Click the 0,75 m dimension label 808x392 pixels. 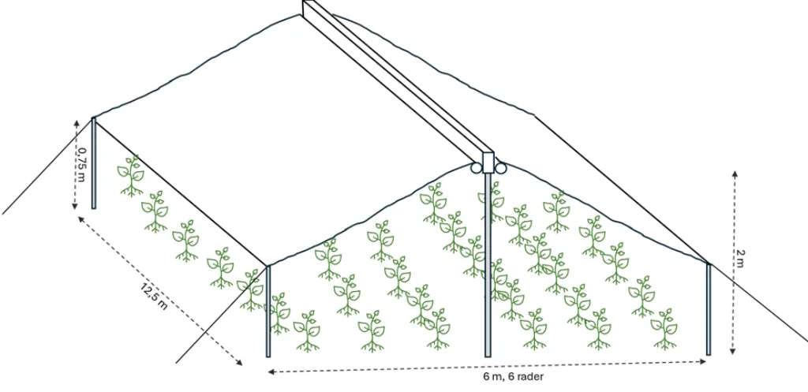[82, 165]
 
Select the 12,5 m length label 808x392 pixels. [154, 296]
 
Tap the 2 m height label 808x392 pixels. [740, 255]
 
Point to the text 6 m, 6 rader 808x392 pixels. [513, 376]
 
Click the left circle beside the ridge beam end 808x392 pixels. [476, 167]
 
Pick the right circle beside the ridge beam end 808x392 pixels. [501, 167]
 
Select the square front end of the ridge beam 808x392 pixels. [488, 162]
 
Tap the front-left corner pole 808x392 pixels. [268, 311]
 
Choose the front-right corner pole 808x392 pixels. [709, 309]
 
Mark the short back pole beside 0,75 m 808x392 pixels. [94, 163]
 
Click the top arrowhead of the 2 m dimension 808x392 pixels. [735, 174]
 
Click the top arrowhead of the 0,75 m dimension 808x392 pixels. [77, 124]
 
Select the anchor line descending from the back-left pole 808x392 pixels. [47, 166]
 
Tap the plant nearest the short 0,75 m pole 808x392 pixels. [131, 176]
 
